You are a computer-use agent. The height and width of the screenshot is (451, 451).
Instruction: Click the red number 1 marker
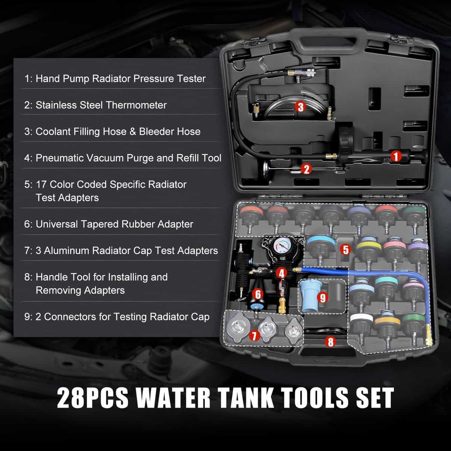click(396, 156)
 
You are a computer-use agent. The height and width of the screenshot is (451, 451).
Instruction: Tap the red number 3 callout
click(300, 107)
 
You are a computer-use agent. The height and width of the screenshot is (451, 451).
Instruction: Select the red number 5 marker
click(346, 250)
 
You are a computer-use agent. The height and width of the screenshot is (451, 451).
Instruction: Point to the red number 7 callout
click(254, 336)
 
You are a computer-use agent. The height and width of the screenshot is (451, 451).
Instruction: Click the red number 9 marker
click(322, 298)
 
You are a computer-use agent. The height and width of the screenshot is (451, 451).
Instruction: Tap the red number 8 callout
click(330, 342)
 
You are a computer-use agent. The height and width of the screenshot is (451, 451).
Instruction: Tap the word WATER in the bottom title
click(173, 397)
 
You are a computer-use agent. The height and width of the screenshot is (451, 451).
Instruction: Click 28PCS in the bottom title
click(93, 397)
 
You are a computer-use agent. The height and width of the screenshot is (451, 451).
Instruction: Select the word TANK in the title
click(246, 397)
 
